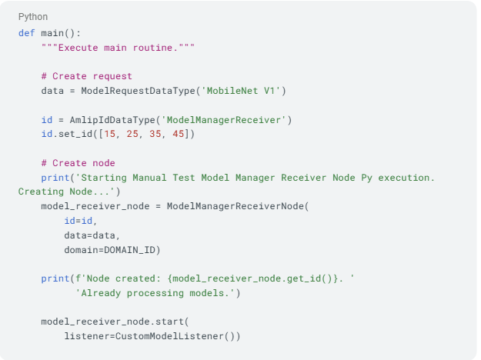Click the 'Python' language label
33,17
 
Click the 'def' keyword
27,33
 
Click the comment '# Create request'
86,76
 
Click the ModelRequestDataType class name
138,91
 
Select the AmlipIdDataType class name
112,119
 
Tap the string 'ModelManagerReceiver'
223,119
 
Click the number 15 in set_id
109,134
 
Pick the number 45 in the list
178,134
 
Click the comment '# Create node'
78,163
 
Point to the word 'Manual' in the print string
149,178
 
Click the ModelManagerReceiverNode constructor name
235,206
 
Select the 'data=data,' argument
92,235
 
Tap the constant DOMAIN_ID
129,250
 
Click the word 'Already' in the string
101,293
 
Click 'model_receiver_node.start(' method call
115,322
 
